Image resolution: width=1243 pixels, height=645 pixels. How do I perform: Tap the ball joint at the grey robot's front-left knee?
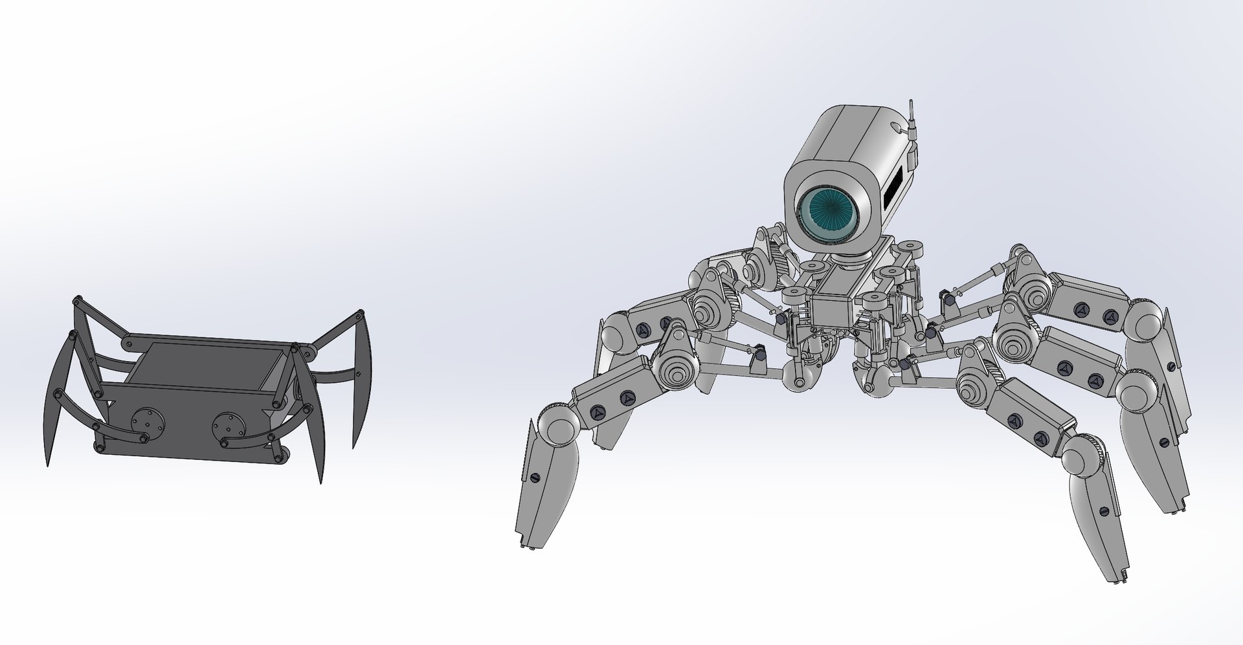(x=557, y=425)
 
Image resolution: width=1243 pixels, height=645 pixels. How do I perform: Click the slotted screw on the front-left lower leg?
(x=535, y=477)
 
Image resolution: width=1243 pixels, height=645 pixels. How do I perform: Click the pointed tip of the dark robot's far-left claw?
(x=47, y=464)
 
